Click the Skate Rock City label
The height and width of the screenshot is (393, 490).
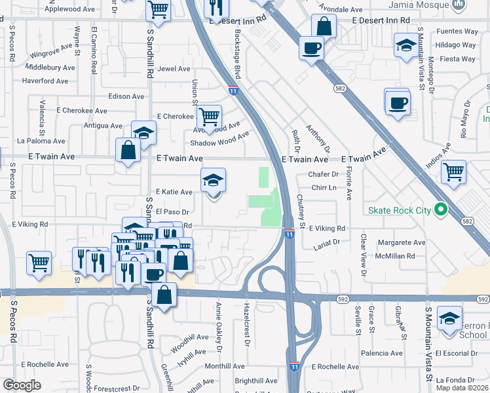click(x=400, y=210)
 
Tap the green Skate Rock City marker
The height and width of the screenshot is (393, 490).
click(x=441, y=210)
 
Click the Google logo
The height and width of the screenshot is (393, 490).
click(x=22, y=385)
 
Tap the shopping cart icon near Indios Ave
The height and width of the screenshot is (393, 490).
click(x=453, y=172)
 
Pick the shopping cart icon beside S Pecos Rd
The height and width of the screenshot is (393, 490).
click(x=39, y=263)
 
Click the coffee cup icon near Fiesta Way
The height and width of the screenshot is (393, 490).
click(x=397, y=102)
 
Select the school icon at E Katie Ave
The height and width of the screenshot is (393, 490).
click(x=213, y=180)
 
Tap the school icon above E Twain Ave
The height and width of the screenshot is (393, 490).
click(x=143, y=133)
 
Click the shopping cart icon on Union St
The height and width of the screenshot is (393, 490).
click(x=209, y=117)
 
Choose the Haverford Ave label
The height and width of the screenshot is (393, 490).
click(x=45, y=81)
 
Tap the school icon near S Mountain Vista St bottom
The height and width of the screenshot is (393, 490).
click(x=449, y=319)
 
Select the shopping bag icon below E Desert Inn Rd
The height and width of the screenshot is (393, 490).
click(x=324, y=26)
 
